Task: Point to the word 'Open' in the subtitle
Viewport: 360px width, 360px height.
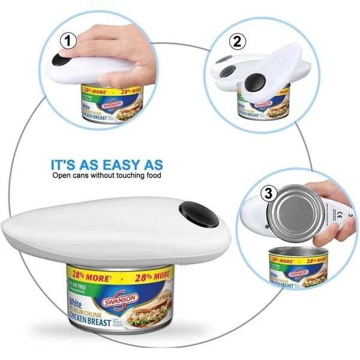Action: click(62, 176)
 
